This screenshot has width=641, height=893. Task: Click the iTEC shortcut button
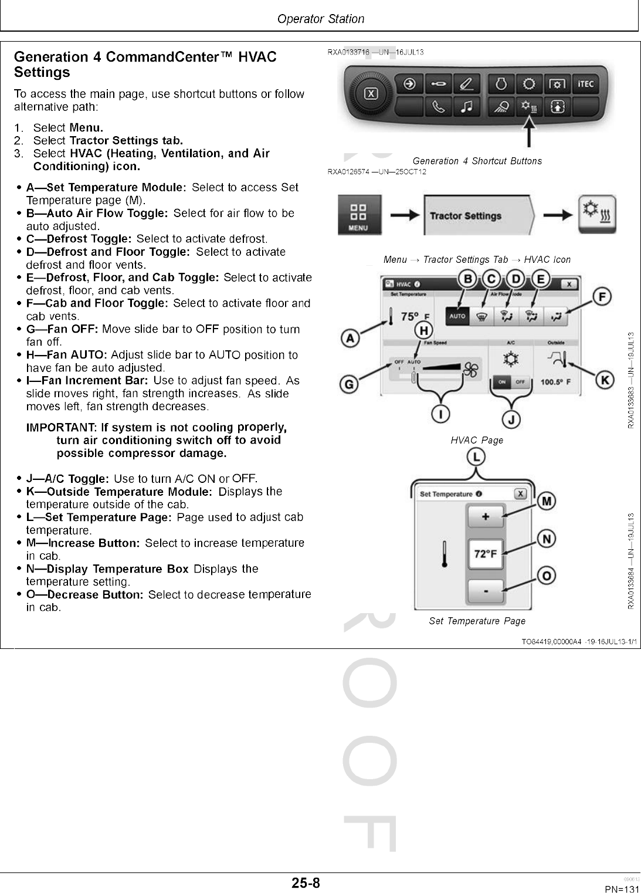(585, 84)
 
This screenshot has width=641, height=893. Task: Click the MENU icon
(358, 215)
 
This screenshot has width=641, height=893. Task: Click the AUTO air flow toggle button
(457, 316)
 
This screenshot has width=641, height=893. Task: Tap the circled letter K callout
(605, 380)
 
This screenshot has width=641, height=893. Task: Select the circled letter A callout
(351, 339)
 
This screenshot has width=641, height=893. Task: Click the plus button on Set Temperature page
(485, 517)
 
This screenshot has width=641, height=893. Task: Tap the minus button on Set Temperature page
(485, 591)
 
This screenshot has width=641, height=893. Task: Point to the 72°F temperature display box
(485, 554)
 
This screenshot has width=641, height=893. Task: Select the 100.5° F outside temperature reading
(555, 382)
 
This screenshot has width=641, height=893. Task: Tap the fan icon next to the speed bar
(471, 370)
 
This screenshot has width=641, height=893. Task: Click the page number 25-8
(306, 883)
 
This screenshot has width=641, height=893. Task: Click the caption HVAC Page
(477, 440)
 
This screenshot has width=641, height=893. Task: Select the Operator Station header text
(320, 19)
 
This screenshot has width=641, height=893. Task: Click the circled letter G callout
(350, 385)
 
